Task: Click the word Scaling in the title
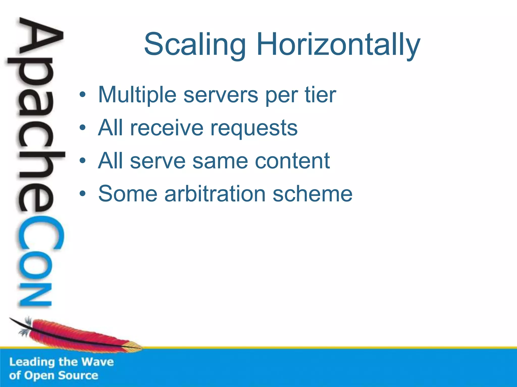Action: coord(195,45)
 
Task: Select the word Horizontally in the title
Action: coord(338,45)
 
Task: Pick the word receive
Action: coord(167,128)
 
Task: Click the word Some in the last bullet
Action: coord(127,194)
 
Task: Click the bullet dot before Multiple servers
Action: coord(83,95)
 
